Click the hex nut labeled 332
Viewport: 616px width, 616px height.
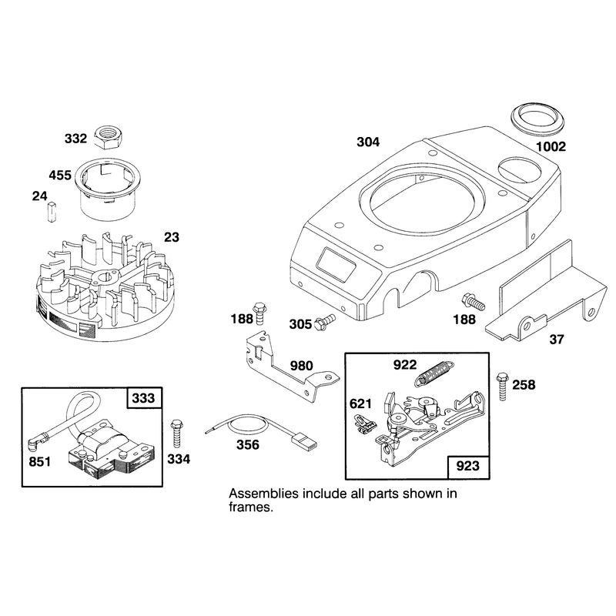pyautogui.click(x=109, y=137)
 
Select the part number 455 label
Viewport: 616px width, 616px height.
pyautogui.click(x=60, y=176)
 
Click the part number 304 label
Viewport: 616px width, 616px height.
pyautogui.click(x=368, y=142)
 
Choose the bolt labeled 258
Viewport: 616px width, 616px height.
pyautogui.click(x=503, y=387)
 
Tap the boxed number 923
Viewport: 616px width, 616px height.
pyautogui.click(x=468, y=466)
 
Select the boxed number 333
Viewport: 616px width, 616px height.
pyautogui.click(x=143, y=398)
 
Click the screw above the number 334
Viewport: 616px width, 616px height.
pyautogui.click(x=177, y=434)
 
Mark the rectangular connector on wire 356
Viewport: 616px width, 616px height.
pyautogui.click(x=306, y=441)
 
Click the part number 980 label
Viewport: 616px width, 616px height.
pyautogui.click(x=301, y=367)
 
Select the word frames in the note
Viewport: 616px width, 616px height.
pyautogui.click(x=251, y=507)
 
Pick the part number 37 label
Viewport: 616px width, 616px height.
pyautogui.click(x=557, y=340)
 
